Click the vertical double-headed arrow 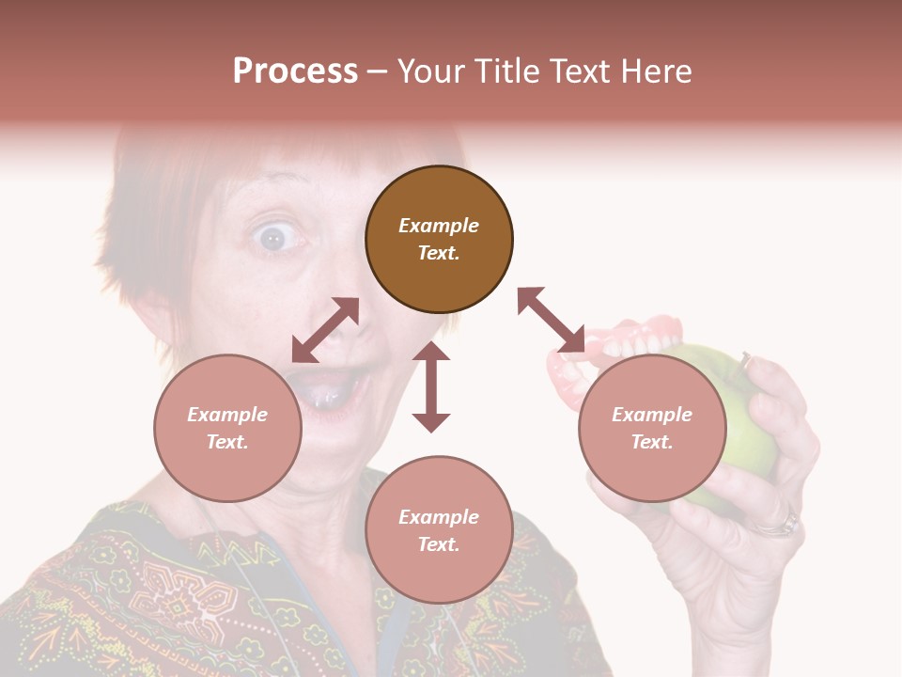[x=431, y=387]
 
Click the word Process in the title [x=295, y=71]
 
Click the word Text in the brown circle [x=439, y=253]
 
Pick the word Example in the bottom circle [x=439, y=516]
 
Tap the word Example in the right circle [x=652, y=415]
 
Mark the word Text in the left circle [x=227, y=442]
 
